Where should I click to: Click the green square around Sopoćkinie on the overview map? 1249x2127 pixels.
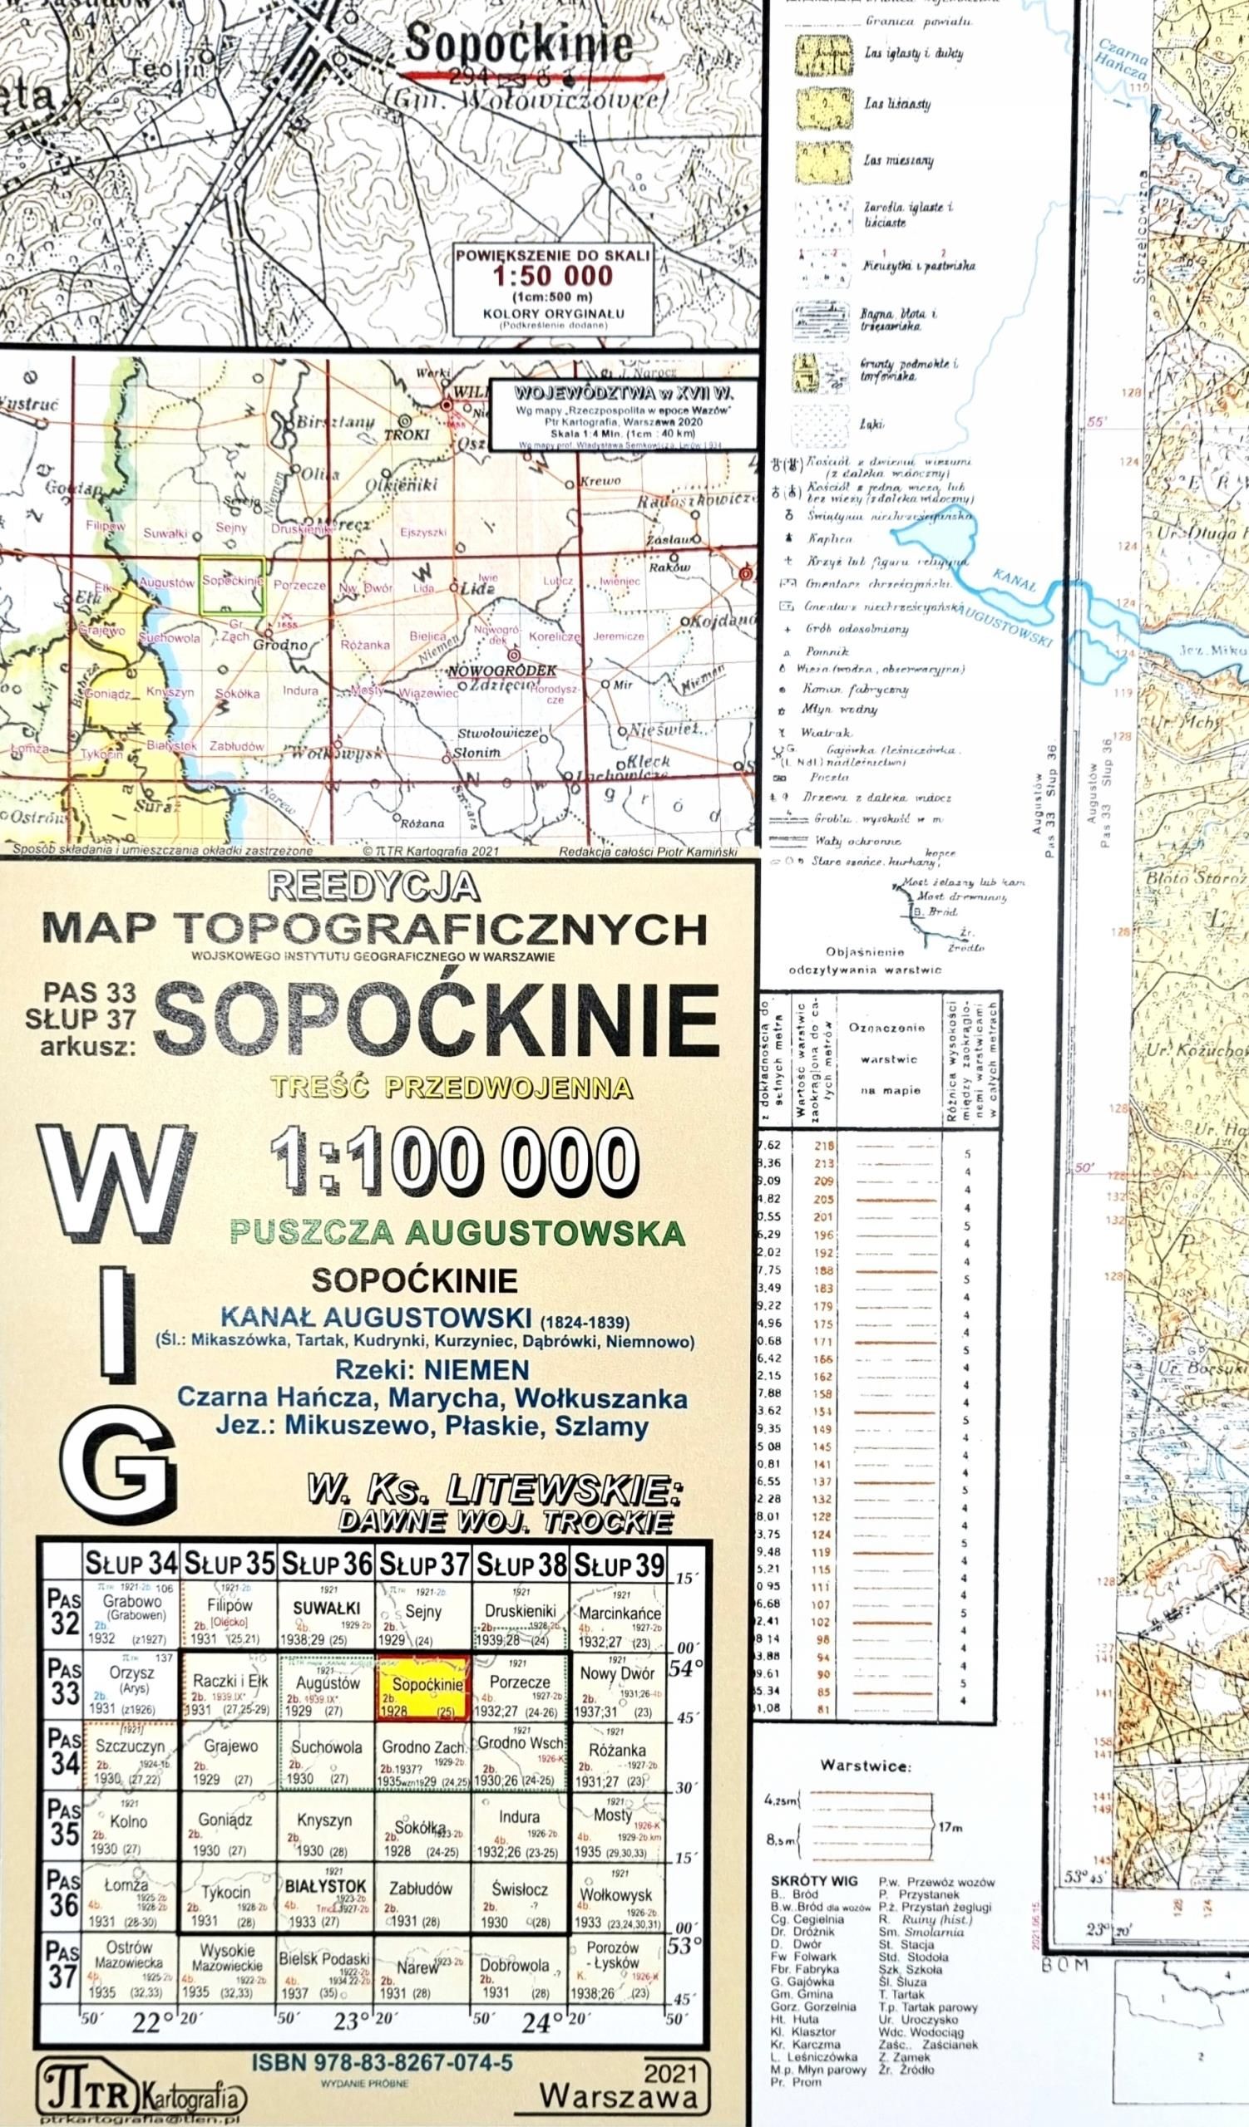pos(231,584)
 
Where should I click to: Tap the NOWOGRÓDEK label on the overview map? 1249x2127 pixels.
pos(503,671)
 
